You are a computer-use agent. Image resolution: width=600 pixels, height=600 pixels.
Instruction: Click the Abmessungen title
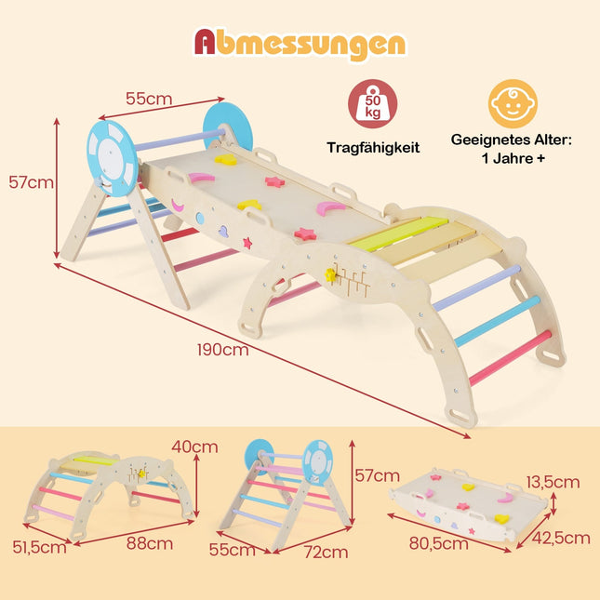tap(300, 45)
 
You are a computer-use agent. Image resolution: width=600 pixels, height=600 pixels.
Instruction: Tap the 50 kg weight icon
tap(372, 103)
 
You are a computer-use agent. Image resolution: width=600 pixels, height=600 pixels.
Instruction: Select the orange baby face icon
tap(513, 103)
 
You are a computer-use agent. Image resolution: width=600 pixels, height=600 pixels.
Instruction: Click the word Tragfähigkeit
tap(373, 148)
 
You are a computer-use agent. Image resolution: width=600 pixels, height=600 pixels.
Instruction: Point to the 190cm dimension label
tap(222, 350)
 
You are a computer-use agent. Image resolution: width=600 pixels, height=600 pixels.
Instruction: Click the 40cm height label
tap(194, 447)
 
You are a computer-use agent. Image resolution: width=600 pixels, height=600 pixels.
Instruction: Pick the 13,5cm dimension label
tap(553, 483)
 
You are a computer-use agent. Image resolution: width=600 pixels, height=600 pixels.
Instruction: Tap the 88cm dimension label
tap(150, 543)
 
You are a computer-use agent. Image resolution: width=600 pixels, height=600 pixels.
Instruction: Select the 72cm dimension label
tap(326, 552)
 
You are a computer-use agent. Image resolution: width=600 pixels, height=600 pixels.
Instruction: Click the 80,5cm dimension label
tap(438, 543)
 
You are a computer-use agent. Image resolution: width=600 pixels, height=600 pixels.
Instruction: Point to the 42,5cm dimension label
tap(561, 538)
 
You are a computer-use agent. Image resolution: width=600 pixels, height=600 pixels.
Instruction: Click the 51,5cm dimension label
tap(39, 547)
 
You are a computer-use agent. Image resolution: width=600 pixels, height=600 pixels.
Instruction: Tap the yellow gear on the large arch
tap(330, 274)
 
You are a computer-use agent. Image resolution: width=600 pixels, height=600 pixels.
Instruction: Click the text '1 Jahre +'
tap(513, 158)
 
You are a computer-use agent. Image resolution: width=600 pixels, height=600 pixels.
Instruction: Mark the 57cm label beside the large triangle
tap(31, 182)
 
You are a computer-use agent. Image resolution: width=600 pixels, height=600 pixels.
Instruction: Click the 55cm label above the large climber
tap(149, 99)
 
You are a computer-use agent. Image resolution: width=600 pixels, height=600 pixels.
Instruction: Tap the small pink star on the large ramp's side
tap(247, 243)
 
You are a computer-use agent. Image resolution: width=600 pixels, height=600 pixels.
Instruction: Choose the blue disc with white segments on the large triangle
tap(113, 158)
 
